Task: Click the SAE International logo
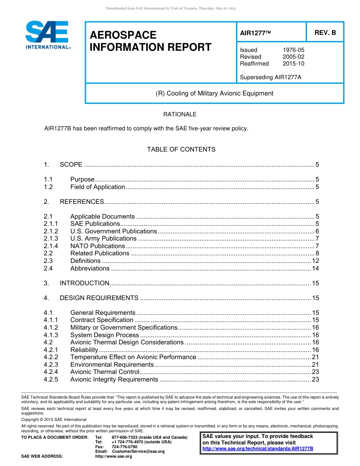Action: (47, 35)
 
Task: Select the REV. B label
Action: (325, 33)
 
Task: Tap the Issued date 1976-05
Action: (293, 50)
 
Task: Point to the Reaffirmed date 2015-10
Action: (293, 64)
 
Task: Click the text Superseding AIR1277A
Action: (271, 77)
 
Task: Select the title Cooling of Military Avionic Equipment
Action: (214, 93)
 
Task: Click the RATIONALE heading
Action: (180, 114)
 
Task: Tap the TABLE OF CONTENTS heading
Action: (181, 149)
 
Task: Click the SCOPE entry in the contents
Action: (71, 164)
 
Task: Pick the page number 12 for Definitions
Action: (315, 261)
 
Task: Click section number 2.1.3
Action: (51, 238)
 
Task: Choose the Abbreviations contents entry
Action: (90, 268)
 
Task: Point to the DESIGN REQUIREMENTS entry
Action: (99, 298)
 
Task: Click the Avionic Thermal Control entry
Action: (105, 372)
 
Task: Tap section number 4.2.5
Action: (51, 379)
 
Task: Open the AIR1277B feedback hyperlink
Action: (258, 448)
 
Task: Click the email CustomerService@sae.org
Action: (138, 451)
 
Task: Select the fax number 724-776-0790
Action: (124, 447)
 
